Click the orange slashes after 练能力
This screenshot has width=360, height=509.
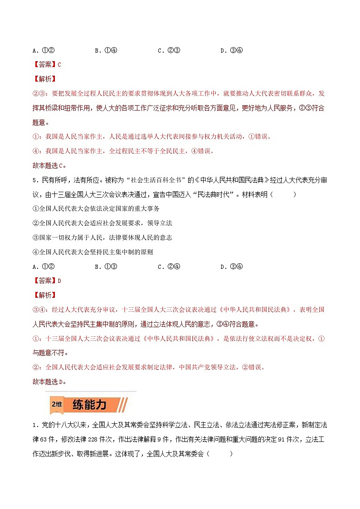point(123,404)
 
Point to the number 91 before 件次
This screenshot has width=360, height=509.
point(285,439)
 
